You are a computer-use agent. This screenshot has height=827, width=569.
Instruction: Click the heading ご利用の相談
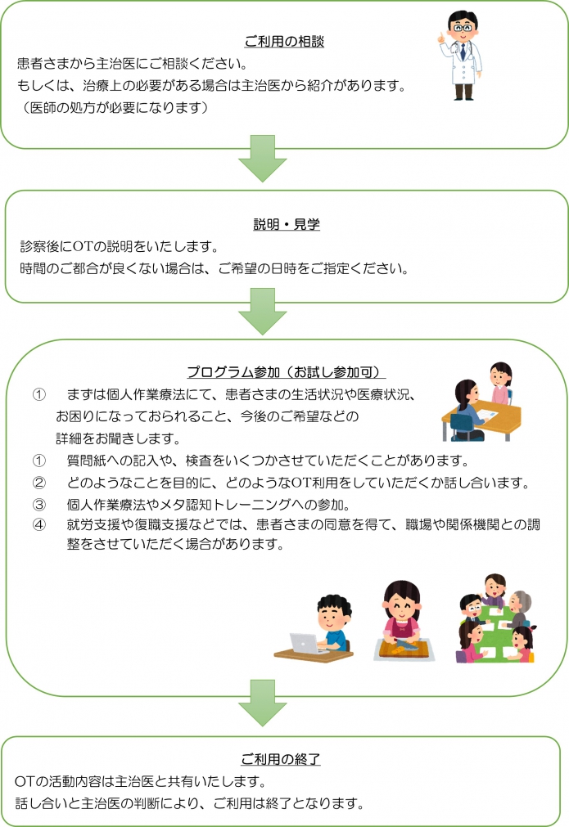click(284, 42)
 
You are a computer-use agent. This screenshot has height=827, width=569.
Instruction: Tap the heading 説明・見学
click(287, 224)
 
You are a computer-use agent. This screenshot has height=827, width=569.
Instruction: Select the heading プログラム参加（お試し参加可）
click(286, 372)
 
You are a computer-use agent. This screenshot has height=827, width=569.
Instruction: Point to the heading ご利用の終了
click(281, 759)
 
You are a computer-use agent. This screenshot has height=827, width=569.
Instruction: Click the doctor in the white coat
click(461, 56)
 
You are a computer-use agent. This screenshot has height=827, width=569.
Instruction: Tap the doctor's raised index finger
click(440, 35)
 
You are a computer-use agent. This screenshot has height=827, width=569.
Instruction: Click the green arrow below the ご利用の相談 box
click(262, 158)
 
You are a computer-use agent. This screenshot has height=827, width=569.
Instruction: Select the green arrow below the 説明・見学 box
click(262, 311)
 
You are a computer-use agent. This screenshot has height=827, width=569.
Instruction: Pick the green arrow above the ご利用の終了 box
click(262, 703)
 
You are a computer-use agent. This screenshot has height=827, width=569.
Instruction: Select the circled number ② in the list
click(39, 483)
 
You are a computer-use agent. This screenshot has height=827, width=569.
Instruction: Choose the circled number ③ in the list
click(39, 505)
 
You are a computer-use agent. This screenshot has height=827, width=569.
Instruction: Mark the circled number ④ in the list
click(39, 525)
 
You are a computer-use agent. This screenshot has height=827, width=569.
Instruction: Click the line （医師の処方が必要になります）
click(115, 108)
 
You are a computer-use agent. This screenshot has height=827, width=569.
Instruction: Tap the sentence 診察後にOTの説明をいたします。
click(120, 246)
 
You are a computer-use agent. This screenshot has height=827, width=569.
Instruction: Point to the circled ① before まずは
click(39, 394)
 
